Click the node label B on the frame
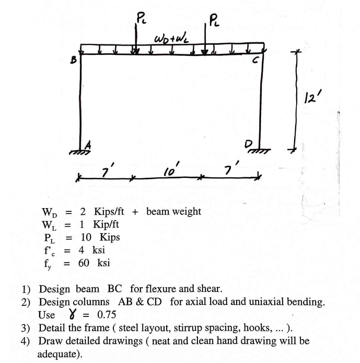point(73,60)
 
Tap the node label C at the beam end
point(255,61)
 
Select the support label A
point(88,145)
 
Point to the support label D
point(248,145)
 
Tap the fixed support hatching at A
point(80,152)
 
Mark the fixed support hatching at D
point(260,151)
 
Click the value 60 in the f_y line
point(84,263)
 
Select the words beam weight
point(173,212)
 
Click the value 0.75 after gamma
point(107,314)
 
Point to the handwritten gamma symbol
point(73,314)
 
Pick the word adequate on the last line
point(58,354)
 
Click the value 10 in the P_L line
point(86,237)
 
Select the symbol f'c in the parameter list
point(50,251)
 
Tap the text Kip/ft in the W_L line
point(106,224)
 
